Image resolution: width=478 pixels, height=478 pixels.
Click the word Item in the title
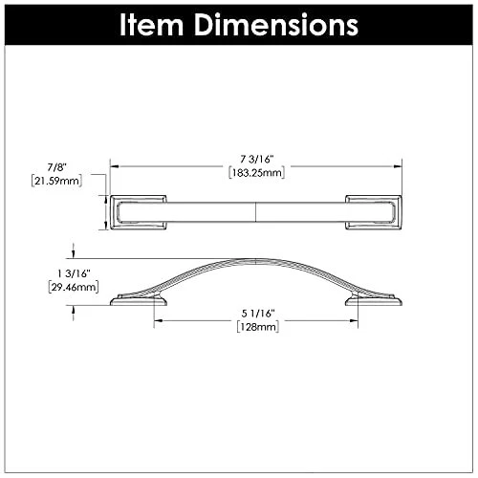[x=151, y=25]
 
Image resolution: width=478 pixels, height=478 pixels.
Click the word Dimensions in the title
[x=276, y=25]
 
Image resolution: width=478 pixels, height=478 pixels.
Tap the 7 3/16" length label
[x=257, y=159]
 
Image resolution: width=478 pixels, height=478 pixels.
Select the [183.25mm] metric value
[x=256, y=173]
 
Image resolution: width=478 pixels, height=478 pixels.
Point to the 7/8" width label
[x=56, y=167]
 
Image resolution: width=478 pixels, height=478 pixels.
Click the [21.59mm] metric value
[x=56, y=181]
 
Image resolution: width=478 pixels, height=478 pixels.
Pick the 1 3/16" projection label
[x=74, y=273]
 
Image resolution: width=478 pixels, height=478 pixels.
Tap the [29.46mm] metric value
[x=74, y=287]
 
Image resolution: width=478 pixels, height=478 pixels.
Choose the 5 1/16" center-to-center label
[x=258, y=314]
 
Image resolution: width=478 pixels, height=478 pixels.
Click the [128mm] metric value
[x=258, y=327]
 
